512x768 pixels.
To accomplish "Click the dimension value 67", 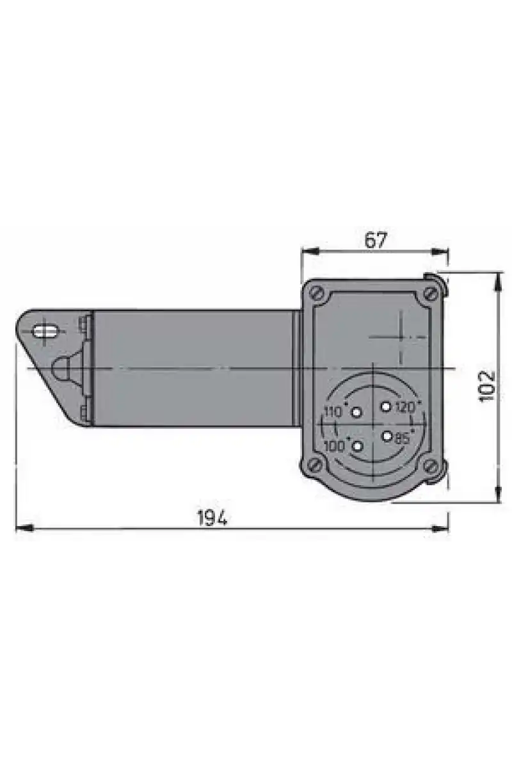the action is click(376, 240).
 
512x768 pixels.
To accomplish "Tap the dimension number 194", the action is click(212, 518).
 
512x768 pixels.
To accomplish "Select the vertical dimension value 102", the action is click(487, 386).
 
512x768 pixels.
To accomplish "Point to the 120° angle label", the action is click(408, 407).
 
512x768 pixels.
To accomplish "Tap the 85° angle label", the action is click(404, 438).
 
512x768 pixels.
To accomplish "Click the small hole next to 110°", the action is click(357, 412).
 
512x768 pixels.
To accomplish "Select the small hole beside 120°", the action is click(386, 407).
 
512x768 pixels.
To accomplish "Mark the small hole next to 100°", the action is click(357, 447).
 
